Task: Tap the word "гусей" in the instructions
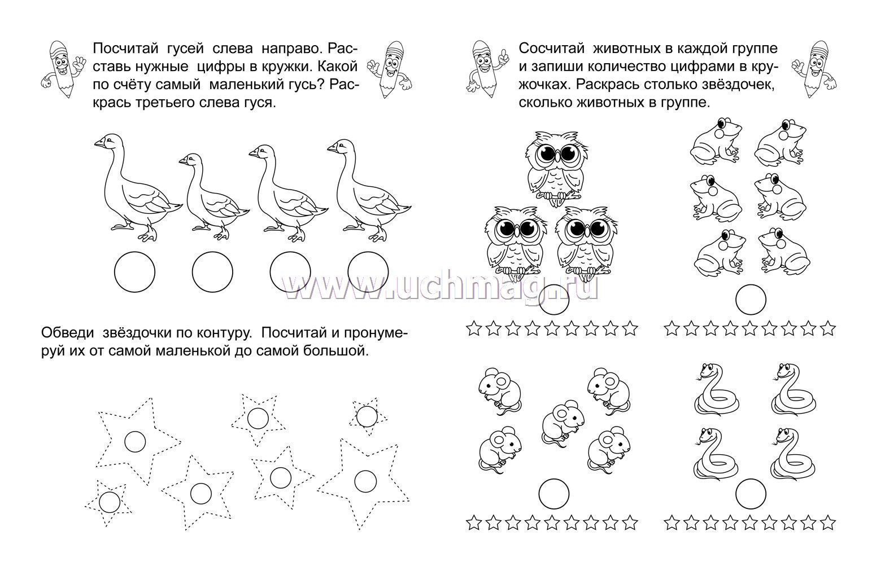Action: (x=188, y=49)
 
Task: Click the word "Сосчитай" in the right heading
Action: (x=552, y=49)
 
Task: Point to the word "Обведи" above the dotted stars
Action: (x=68, y=333)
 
